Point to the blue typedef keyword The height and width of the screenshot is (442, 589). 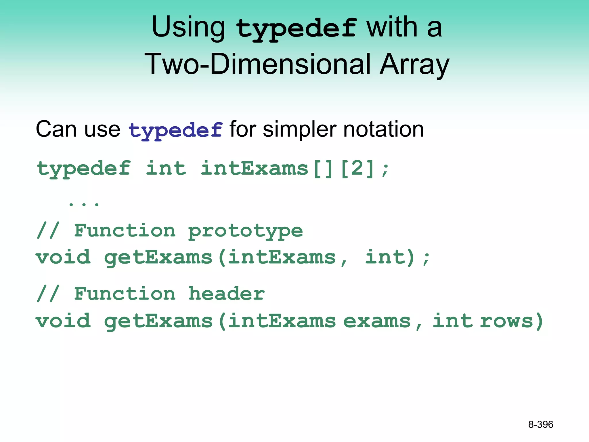coord(175,130)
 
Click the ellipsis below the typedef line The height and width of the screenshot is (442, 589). coord(84,204)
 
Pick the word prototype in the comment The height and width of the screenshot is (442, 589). coord(245,231)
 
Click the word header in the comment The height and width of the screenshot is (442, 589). coord(226,294)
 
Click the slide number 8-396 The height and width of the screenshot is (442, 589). coord(540,424)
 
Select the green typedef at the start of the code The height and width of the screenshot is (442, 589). coord(84,169)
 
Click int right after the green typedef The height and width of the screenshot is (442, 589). coord(166,168)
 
